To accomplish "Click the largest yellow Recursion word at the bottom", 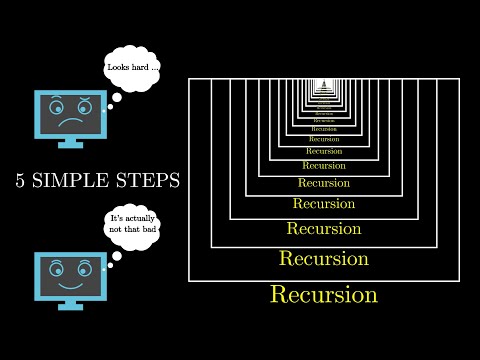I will coord(324,295).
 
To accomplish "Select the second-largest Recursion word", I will coord(324,258).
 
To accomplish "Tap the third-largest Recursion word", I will coord(324,228).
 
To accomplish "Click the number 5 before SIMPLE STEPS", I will coord(21,181).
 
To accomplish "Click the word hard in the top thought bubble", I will coord(147,69).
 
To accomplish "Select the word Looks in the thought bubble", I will coord(121,69).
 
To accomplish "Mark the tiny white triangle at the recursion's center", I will coord(324,83).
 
